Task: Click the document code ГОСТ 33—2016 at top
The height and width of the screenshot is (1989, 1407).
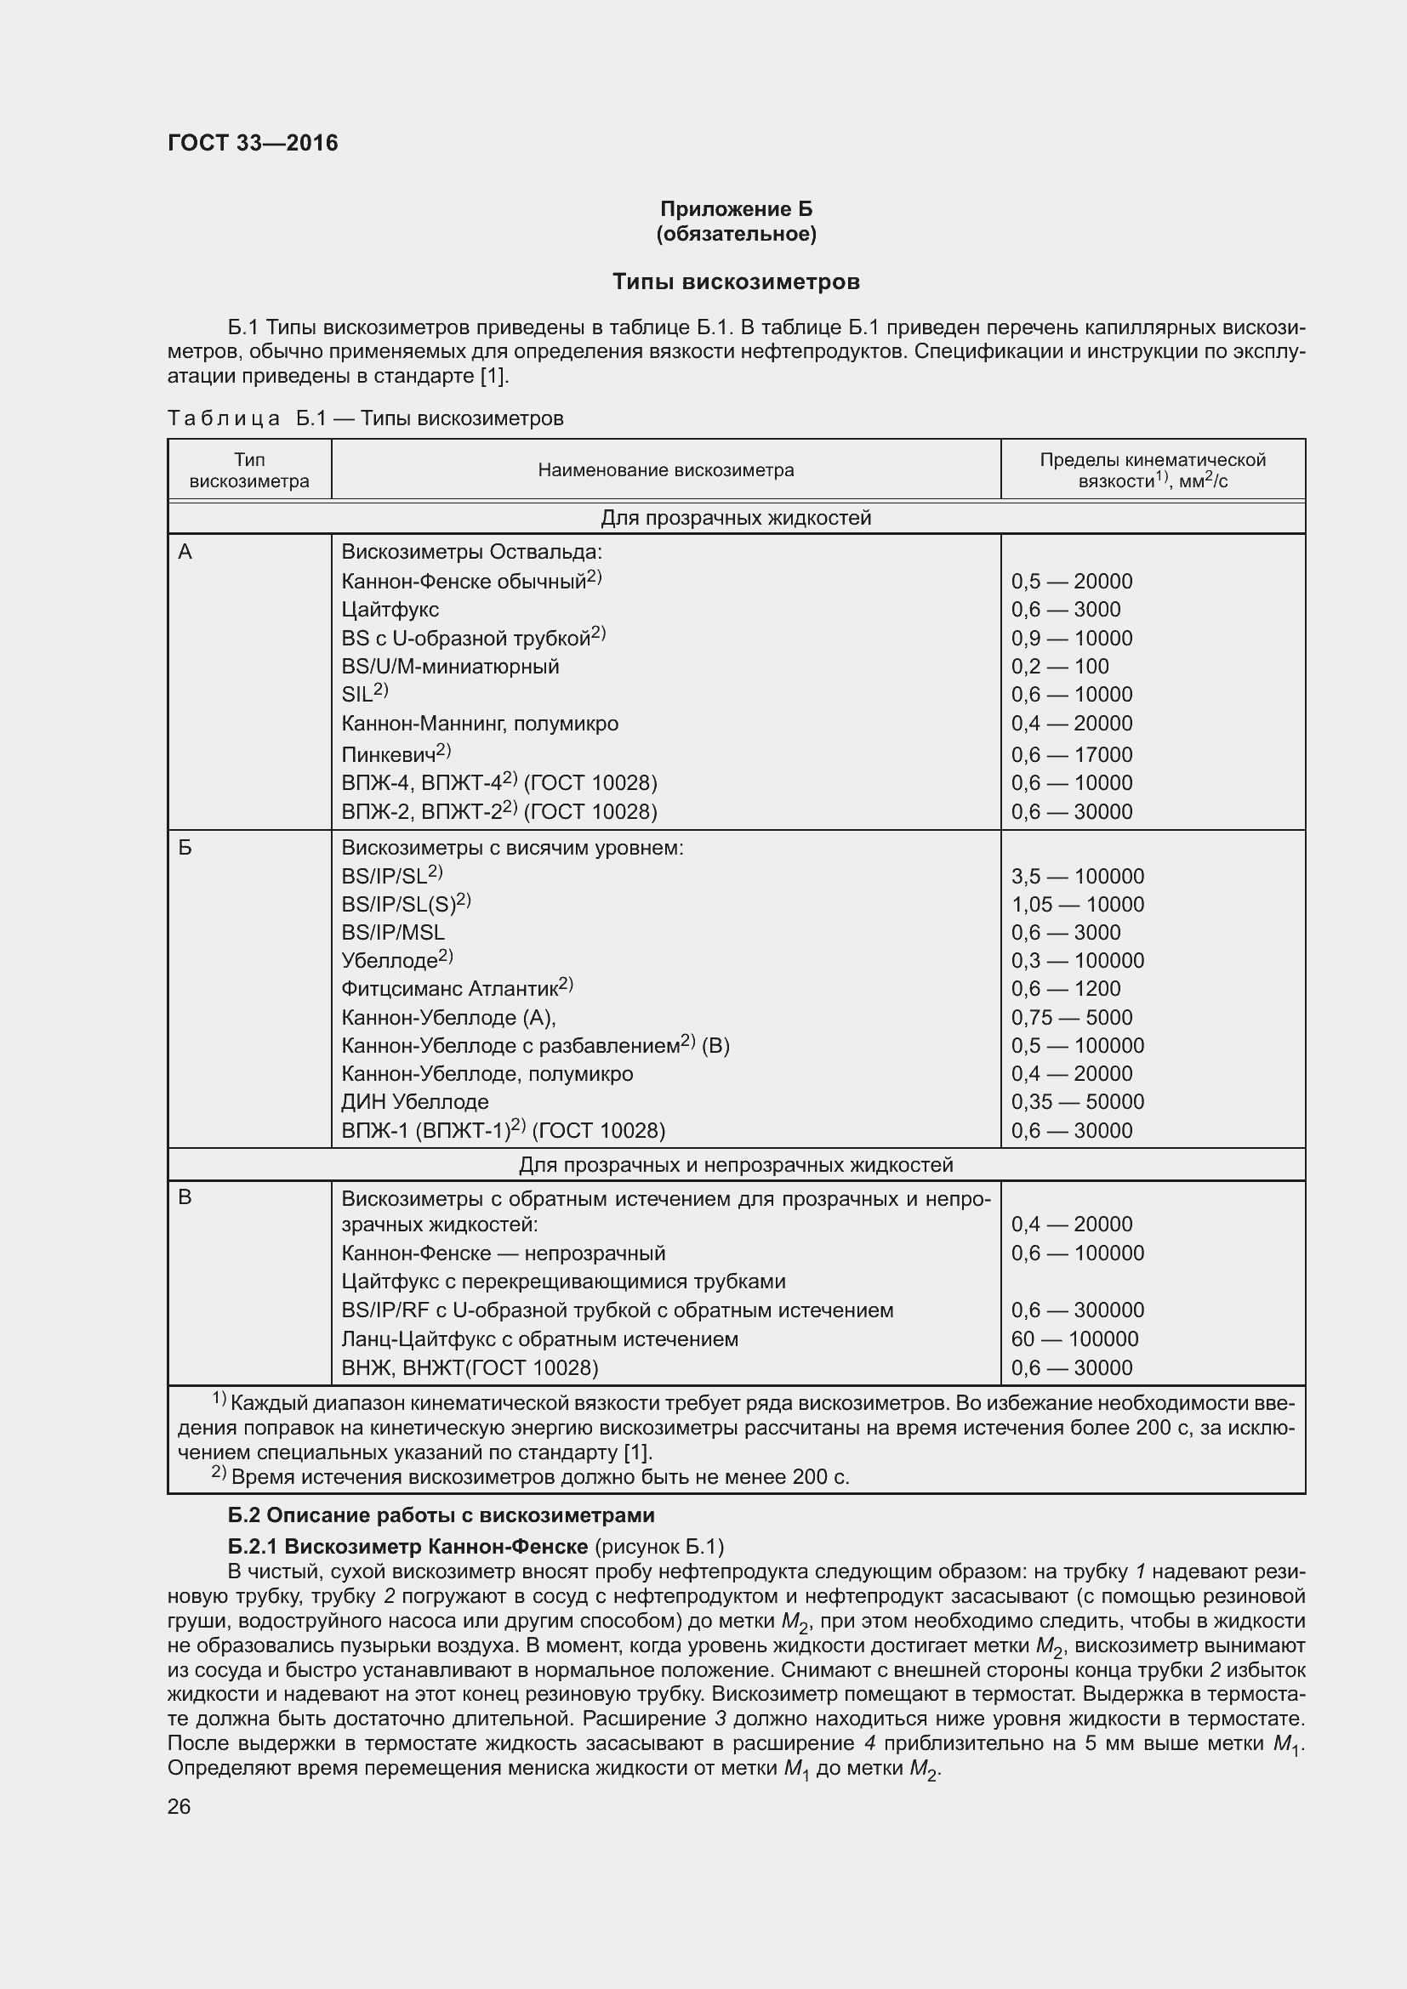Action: tap(252, 143)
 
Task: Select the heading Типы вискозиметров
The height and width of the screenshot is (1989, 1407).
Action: tap(736, 281)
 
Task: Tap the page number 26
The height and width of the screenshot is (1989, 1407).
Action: tap(179, 1807)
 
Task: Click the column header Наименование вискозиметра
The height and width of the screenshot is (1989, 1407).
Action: tap(665, 470)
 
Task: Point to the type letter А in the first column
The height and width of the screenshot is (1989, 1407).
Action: tap(185, 552)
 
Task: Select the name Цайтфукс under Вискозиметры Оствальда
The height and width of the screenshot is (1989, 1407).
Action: tap(390, 610)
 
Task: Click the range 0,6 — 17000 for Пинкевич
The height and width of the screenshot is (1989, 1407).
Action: tap(1072, 754)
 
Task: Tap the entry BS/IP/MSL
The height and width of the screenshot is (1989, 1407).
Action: tap(392, 932)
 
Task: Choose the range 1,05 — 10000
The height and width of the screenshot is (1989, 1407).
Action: tap(1077, 905)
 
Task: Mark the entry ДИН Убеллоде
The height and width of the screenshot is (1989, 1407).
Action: tap(415, 1102)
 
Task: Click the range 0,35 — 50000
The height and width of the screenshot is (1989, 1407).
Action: tap(1077, 1102)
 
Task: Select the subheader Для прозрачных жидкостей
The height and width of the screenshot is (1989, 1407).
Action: tap(736, 518)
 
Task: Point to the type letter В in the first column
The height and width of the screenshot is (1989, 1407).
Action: tap(185, 1198)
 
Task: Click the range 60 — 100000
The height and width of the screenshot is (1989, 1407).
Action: tap(1074, 1339)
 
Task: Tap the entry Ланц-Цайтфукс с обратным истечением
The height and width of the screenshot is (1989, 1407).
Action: tap(540, 1339)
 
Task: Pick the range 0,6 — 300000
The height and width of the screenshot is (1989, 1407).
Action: tap(1077, 1310)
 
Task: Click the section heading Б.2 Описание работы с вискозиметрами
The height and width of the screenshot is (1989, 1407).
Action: tap(441, 1515)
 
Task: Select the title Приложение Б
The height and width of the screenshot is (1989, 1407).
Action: tap(736, 209)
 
